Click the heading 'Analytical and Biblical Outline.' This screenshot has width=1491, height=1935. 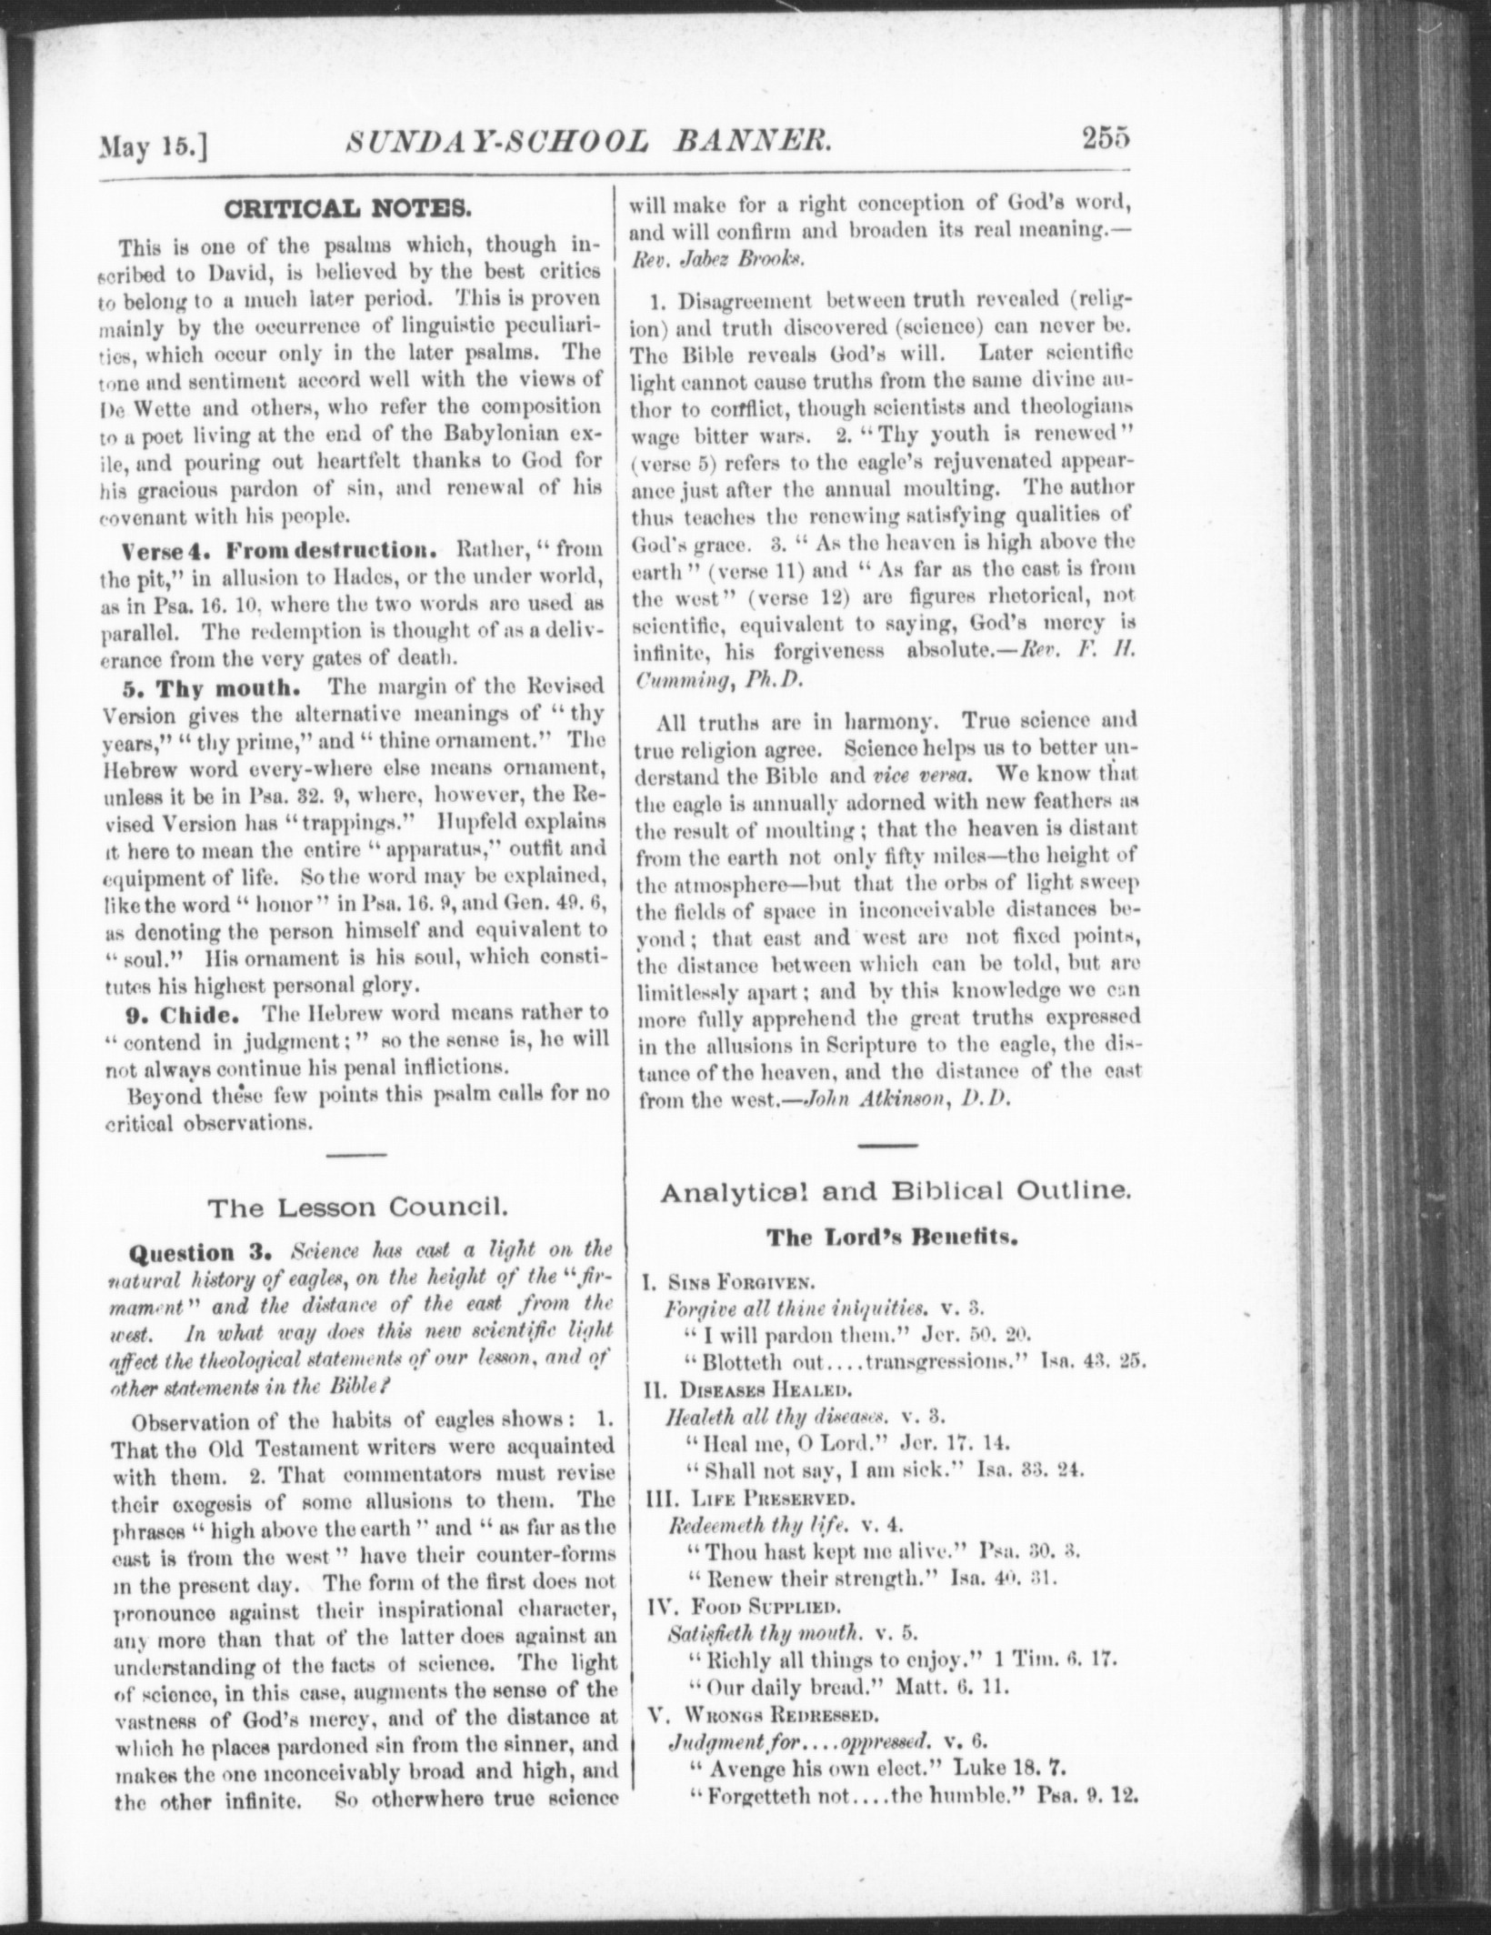coord(896,1191)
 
